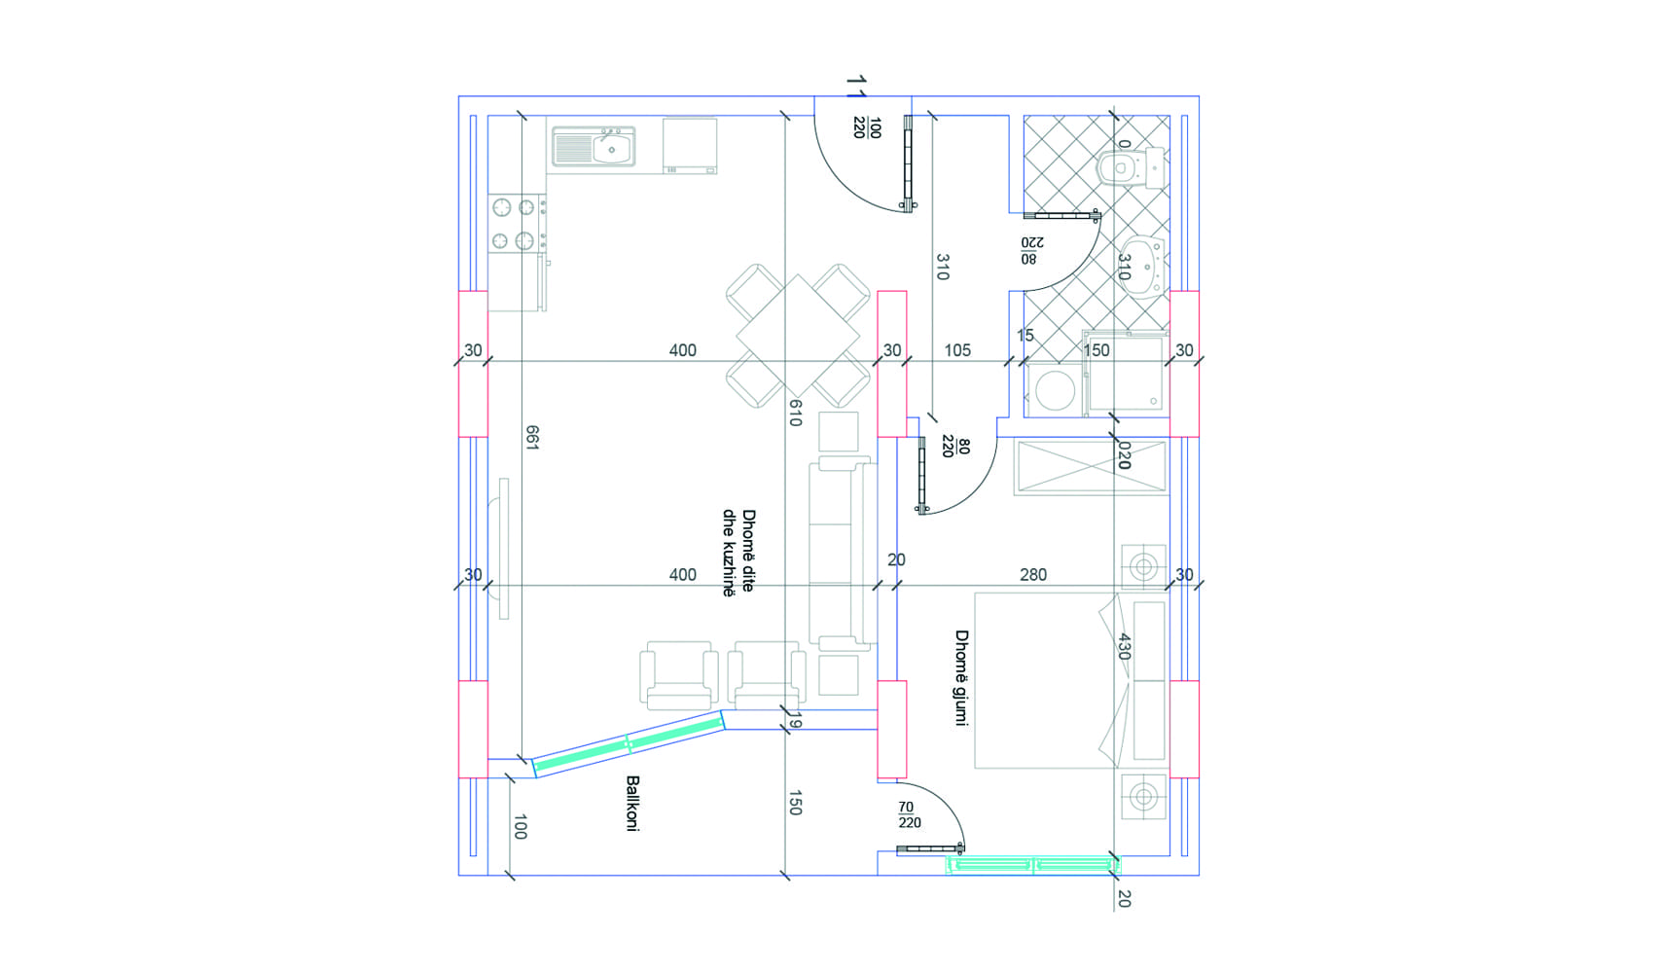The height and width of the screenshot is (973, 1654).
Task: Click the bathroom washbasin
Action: tap(1144, 266)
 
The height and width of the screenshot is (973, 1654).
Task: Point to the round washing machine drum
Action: tap(1056, 389)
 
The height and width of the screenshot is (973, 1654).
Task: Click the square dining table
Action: tap(798, 336)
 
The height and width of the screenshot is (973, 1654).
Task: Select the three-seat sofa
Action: tap(843, 554)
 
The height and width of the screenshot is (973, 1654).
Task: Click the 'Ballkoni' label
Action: tap(632, 803)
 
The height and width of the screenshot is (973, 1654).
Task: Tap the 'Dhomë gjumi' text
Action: tap(961, 678)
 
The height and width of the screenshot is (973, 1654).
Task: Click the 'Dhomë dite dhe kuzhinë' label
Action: tap(739, 553)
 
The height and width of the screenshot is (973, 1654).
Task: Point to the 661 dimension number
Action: tap(532, 437)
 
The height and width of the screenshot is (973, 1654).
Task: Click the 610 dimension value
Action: tap(795, 413)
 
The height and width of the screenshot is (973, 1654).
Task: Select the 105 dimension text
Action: tap(957, 350)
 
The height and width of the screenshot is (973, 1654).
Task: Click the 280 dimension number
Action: tap(1033, 574)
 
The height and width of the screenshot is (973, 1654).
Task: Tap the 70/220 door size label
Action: tap(909, 815)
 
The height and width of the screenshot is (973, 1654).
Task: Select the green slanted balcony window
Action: tap(629, 744)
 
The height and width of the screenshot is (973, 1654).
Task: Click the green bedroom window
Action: tap(1033, 864)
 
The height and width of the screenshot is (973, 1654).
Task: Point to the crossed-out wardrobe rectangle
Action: tap(1092, 467)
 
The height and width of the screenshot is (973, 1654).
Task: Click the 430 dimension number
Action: tap(1123, 647)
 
